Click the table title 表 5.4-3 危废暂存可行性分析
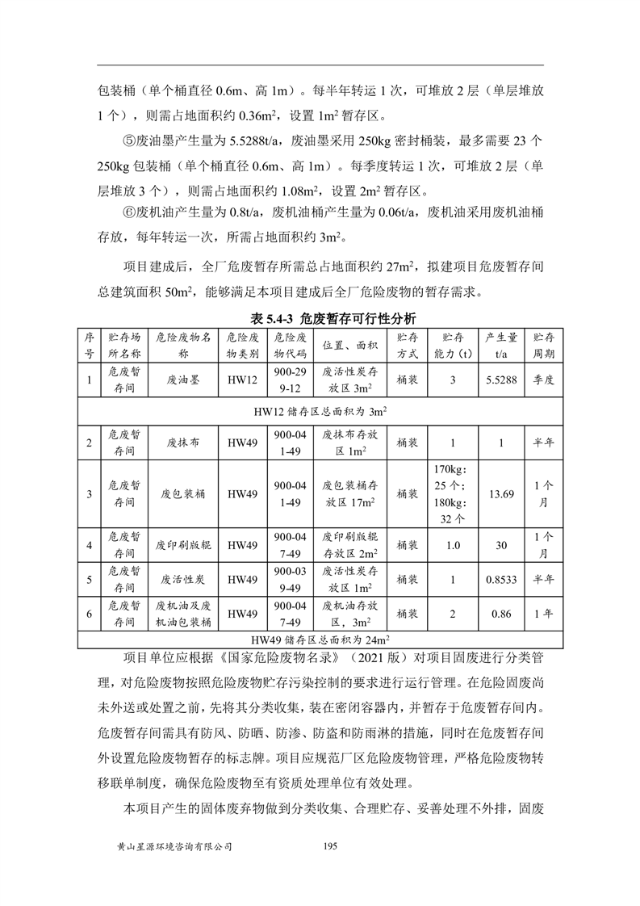pos(320,318)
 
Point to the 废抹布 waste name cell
pos(182,443)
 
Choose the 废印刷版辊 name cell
pos(182,545)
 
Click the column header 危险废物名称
pos(182,345)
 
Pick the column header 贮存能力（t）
pos(452,345)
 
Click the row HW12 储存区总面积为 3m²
pos(320,411)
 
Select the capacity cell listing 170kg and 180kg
pos(452,493)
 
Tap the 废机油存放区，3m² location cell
pos(349,614)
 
